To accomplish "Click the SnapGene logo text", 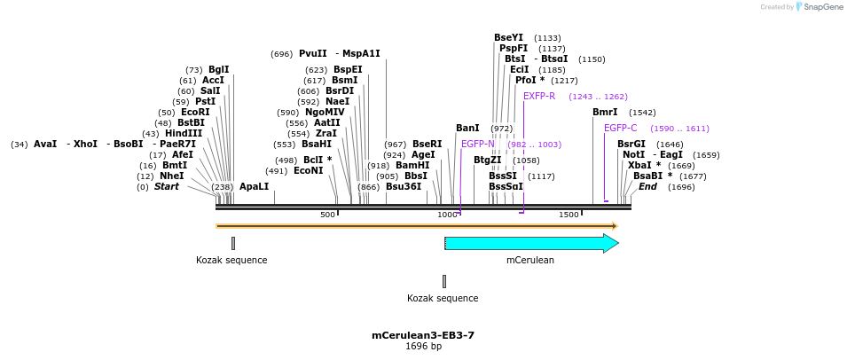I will click(x=821, y=7).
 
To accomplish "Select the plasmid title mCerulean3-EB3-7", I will click(x=423, y=335).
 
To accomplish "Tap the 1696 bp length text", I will click(x=423, y=347).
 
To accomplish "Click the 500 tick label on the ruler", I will click(x=327, y=215).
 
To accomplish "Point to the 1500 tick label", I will click(x=569, y=215).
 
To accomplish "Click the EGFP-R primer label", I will click(x=538, y=96).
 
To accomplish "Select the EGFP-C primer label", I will click(x=620, y=128).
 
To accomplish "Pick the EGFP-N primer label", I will click(x=477, y=144).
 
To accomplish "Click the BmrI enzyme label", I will click(x=605, y=112).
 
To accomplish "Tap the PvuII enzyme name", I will click(x=312, y=53).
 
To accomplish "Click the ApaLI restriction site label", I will click(x=254, y=186).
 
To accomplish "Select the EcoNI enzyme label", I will click(x=308, y=170).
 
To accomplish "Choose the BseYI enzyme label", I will click(x=508, y=37).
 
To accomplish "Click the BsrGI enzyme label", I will click(x=631, y=144).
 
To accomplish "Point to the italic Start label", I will click(x=166, y=186).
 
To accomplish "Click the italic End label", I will click(x=647, y=186).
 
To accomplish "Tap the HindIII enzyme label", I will click(x=184, y=133).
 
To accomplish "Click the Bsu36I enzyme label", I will click(x=403, y=186).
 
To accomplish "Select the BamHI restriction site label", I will click(x=412, y=165).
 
